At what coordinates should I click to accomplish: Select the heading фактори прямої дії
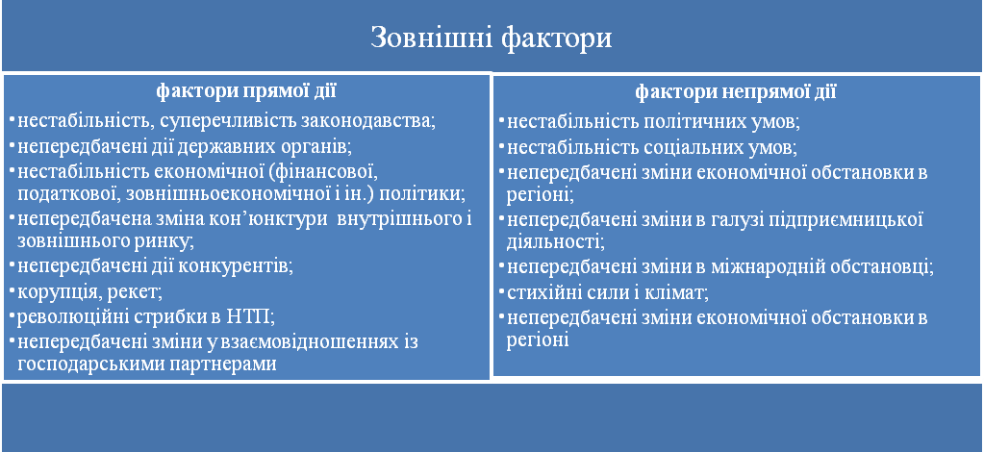(246, 91)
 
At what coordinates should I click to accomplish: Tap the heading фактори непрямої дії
(736, 92)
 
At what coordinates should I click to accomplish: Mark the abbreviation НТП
(249, 315)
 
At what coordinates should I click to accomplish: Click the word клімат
(680, 292)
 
